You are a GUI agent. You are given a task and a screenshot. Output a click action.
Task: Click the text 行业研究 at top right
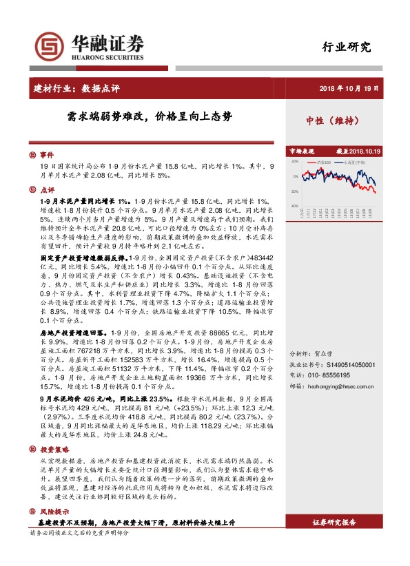coord(347,48)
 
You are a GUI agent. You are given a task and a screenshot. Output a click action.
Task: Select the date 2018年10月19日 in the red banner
coord(349,87)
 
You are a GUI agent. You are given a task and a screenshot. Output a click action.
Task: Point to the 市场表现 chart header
coord(301,150)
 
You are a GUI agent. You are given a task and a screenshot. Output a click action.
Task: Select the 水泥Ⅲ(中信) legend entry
coord(352,162)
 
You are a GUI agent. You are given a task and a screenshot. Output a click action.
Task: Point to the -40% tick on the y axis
coord(294,206)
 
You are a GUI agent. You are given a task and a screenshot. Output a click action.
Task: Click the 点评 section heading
coord(46,189)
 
